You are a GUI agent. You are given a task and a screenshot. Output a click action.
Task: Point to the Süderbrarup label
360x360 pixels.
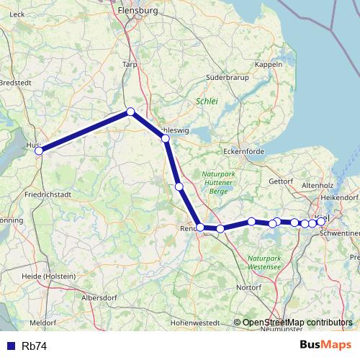point(228,76)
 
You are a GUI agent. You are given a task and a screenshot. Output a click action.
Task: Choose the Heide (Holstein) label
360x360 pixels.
point(50,276)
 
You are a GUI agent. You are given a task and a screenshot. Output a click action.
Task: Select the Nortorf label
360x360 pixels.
point(249,287)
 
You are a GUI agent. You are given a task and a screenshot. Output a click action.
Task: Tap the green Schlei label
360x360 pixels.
point(207,102)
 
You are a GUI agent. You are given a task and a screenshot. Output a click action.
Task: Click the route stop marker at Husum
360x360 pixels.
point(40,150)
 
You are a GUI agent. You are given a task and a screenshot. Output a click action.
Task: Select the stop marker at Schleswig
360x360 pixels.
point(165,138)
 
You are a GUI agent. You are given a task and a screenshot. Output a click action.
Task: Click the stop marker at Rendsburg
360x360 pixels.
point(200,228)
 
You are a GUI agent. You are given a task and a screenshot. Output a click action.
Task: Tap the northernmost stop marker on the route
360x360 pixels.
point(130,112)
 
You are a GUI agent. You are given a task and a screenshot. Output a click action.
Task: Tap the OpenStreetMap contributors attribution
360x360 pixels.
point(297,322)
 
